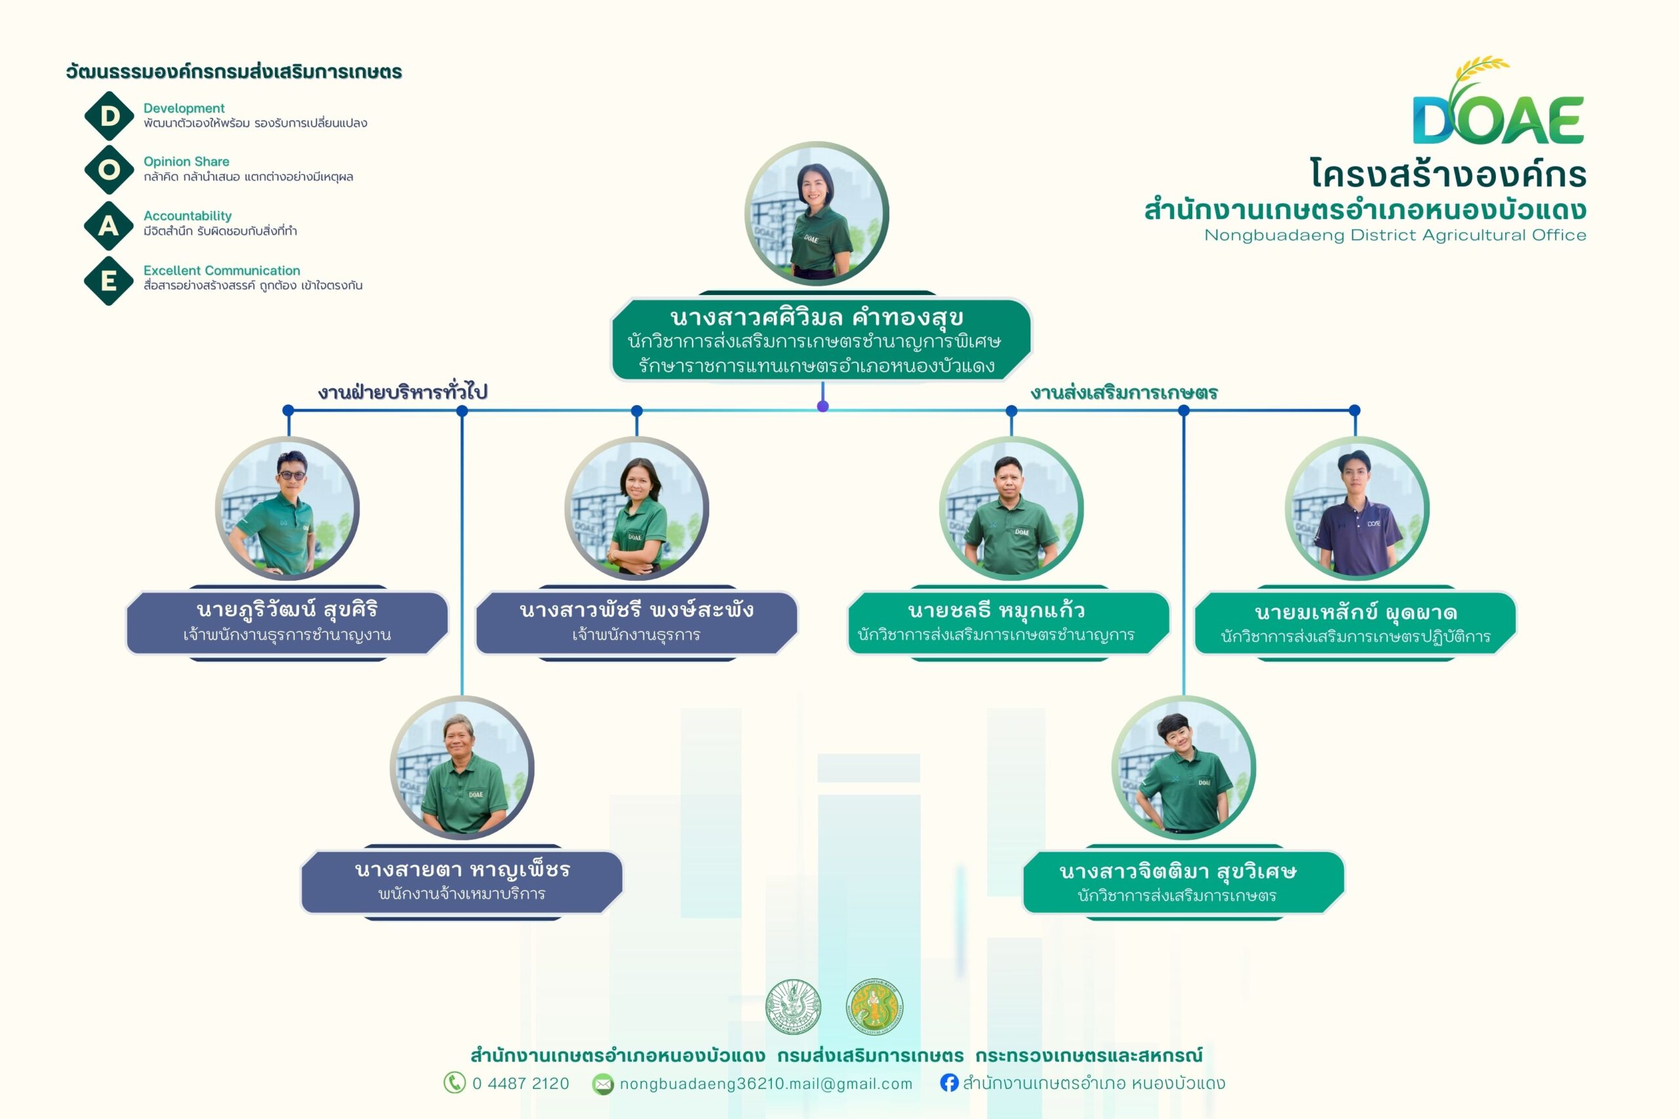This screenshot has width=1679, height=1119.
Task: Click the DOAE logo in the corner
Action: click(1498, 104)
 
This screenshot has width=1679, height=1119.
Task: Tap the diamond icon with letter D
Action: click(110, 115)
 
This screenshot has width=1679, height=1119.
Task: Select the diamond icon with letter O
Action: click(110, 170)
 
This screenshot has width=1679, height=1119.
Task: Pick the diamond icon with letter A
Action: click(110, 226)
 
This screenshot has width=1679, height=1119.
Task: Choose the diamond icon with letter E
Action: click(110, 281)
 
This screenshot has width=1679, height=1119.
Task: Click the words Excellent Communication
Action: click(221, 271)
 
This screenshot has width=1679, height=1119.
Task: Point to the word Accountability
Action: click(187, 216)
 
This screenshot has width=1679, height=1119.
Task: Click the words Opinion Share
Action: click(186, 161)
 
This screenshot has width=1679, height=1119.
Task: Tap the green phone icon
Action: click(454, 1082)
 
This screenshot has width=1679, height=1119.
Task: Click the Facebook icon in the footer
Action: click(949, 1082)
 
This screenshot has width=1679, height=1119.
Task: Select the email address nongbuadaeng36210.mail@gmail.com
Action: click(765, 1084)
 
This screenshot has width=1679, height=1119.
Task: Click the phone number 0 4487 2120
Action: click(520, 1084)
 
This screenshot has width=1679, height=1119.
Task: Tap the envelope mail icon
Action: click(603, 1084)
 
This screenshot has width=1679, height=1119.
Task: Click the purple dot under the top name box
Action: click(822, 406)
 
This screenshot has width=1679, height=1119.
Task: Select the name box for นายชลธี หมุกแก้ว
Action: click(1007, 622)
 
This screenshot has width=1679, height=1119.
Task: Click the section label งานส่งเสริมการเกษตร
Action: click(1123, 393)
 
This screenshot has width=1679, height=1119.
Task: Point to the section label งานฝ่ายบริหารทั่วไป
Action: click(403, 392)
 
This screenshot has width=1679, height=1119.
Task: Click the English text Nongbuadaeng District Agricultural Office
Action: click(1395, 235)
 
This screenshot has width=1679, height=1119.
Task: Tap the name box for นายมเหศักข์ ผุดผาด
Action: click(1355, 623)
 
